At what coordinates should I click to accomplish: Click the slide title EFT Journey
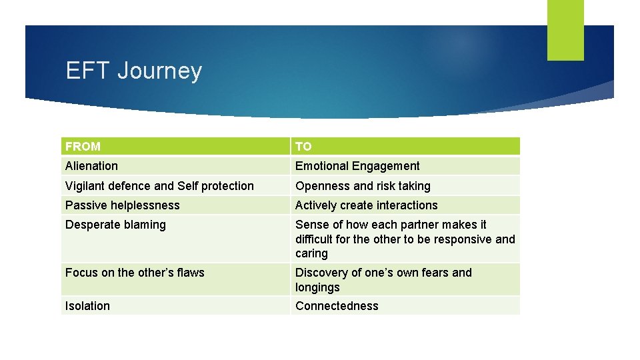pyautogui.click(x=134, y=71)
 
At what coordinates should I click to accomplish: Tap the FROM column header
pyautogui.click(x=83, y=146)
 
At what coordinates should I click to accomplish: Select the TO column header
pyautogui.click(x=303, y=146)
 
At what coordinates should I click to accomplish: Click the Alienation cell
pyautogui.click(x=92, y=166)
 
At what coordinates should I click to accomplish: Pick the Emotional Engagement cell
pyautogui.click(x=357, y=166)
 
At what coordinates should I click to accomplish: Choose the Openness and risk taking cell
pyautogui.click(x=363, y=186)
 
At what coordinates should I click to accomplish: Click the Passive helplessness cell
pyautogui.click(x=123, y=205)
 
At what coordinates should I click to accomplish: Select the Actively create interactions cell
pyautogui.click(x=367, y=205)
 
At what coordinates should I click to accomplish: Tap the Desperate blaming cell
pyautogui.click(x=115, y=225)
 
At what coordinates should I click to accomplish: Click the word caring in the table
pyautogui.click(x=311, y=254)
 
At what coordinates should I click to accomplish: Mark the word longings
pyautogui.click(x=317, y=287)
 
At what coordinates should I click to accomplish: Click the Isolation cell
pyautogui.click(x=87, y=306)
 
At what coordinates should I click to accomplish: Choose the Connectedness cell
pyautogui.click(x=337, y=306)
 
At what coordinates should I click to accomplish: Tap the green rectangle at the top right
pyautogui.click(x=565, y=30)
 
